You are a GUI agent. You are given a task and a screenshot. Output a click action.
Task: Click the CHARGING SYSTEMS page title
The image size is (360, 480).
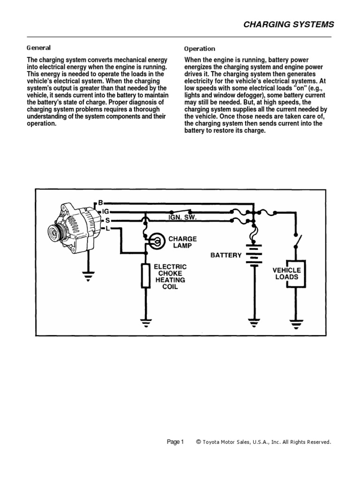tap(289, 25)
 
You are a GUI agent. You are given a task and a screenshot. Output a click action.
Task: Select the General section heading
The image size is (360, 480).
tap(38, 48)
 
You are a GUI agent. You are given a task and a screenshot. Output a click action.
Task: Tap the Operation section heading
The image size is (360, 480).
tap(200, 48)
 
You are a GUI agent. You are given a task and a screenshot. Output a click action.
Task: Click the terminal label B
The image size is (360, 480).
tap(100, 202)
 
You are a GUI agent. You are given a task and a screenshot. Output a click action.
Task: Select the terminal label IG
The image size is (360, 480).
tap(105, 211)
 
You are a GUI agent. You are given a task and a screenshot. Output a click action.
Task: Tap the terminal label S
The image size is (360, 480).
tap(107, 219)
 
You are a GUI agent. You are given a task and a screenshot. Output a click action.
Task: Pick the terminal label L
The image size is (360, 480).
tap(107, 228)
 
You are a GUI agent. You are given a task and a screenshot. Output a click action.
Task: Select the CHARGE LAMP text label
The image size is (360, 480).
tap(183, 242)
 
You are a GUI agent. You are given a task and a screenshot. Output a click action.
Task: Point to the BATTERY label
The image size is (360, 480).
tap(226, 255)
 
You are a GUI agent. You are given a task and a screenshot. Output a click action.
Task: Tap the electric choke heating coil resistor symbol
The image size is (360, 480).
tap(145, 275)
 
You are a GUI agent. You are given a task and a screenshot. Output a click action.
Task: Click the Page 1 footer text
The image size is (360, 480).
tap(177, 442)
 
